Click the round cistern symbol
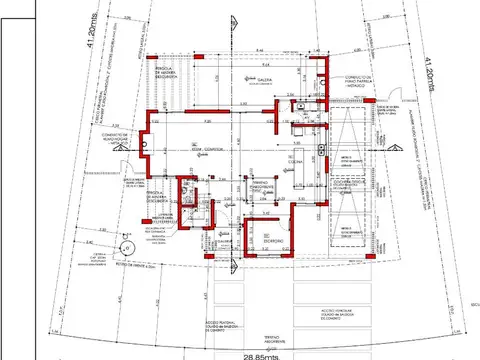[x=126, y=247]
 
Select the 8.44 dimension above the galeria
[x=258, y=50]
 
